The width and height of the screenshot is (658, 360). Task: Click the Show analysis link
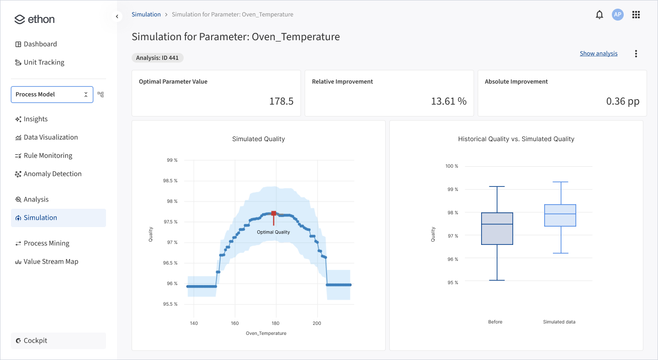598,53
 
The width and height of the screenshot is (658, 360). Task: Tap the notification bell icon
600,15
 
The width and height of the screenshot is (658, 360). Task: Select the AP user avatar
618,15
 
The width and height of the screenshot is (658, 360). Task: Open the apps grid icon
636,15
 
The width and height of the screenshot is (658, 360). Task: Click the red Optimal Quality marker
274,213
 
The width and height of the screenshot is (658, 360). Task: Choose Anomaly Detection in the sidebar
53,174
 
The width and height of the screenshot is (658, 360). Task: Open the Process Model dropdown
52,95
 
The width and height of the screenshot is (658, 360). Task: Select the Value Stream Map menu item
51,261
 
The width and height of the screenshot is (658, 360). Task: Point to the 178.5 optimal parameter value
281,101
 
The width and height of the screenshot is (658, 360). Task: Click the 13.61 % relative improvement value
448,101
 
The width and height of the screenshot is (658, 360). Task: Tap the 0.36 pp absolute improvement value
622,101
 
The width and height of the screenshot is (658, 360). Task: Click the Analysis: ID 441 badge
158,58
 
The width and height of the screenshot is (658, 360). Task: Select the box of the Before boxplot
497,228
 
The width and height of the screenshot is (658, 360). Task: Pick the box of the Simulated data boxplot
560,215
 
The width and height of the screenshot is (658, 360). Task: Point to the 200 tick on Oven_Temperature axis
317,323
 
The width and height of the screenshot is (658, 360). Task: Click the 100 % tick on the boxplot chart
451,166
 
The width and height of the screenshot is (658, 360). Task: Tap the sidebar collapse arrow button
117,16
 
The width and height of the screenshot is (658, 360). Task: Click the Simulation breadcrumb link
146,15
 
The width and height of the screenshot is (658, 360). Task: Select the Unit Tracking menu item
44,62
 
